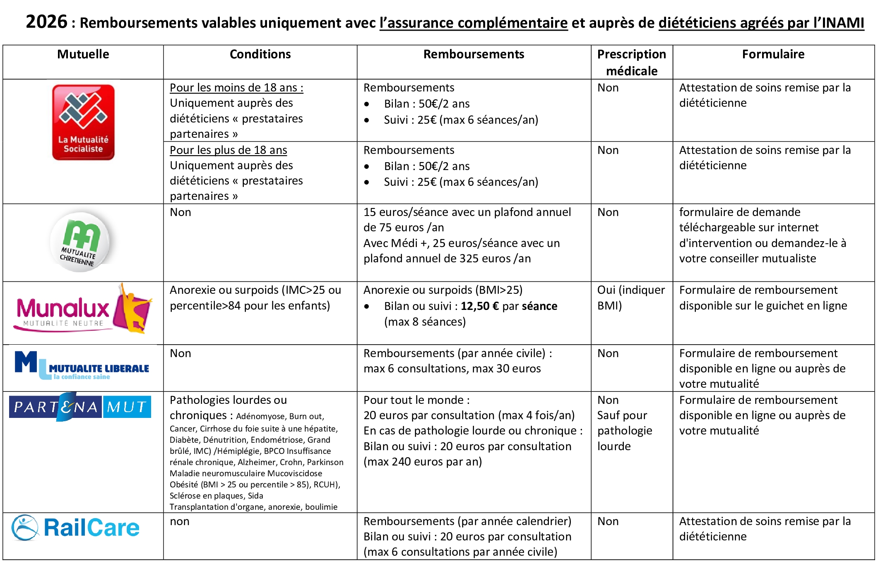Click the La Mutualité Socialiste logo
(83, 122)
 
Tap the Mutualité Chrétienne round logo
(80, 242)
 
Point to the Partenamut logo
(80, 407)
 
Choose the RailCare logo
(76, 528)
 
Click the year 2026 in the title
(46, 22)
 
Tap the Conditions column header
(260, 54)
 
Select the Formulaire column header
(773, 54)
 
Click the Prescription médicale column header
(631, 62)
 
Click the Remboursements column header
(474, 54)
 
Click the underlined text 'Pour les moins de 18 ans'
(236, 88)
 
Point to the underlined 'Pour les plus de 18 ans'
(228, 150)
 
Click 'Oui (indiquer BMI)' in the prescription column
(630, 297)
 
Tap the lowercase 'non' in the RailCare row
(179, 521)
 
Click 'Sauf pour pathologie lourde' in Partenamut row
(624, 431)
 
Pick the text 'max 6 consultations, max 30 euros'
(452, 369)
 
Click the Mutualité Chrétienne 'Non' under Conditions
(180, 212)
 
